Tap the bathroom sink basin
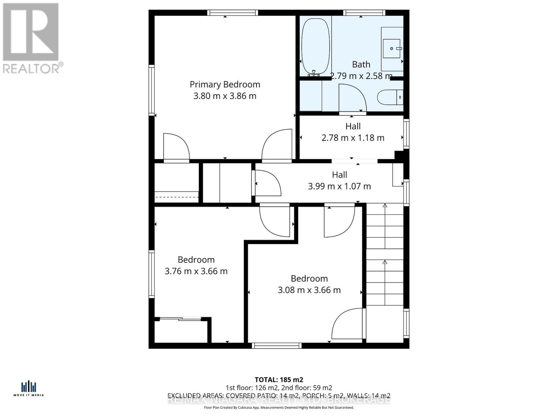(392, 49)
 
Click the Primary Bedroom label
(225, 84)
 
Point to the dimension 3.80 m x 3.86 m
(225, 96)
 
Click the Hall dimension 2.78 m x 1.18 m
(353, 138)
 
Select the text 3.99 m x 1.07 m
(339, 186)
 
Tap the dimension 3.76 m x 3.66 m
(196, 271)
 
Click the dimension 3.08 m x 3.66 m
(309, 290)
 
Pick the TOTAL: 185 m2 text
(279, 380)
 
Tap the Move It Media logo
(29, 389)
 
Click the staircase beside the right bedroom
(385, 255)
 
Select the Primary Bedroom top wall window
(233, 13)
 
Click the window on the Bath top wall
(364, 13)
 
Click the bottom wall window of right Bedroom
(277, 346)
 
